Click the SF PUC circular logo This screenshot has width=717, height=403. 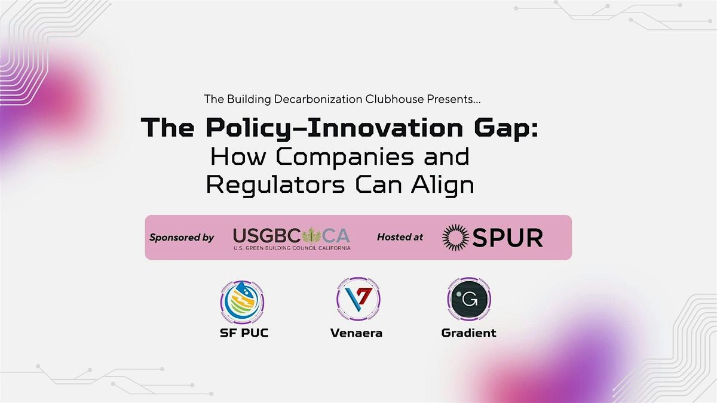(x=242, y=300)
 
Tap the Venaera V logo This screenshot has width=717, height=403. (x=356, y=300)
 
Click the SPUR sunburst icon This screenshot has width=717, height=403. (x=456, y=238)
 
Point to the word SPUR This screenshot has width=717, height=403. (x=508, y=238)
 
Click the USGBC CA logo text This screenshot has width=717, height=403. (x=292, y=234)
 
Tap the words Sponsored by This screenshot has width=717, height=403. (x=182, y=238)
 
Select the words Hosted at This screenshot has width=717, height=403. (x=400, y=238)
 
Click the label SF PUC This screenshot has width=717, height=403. (x=244, y=333)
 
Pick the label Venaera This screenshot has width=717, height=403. (x=356, y=333)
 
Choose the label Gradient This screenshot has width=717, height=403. (x=468, y=333)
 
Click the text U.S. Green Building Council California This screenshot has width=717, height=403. (x=292, y=247)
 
